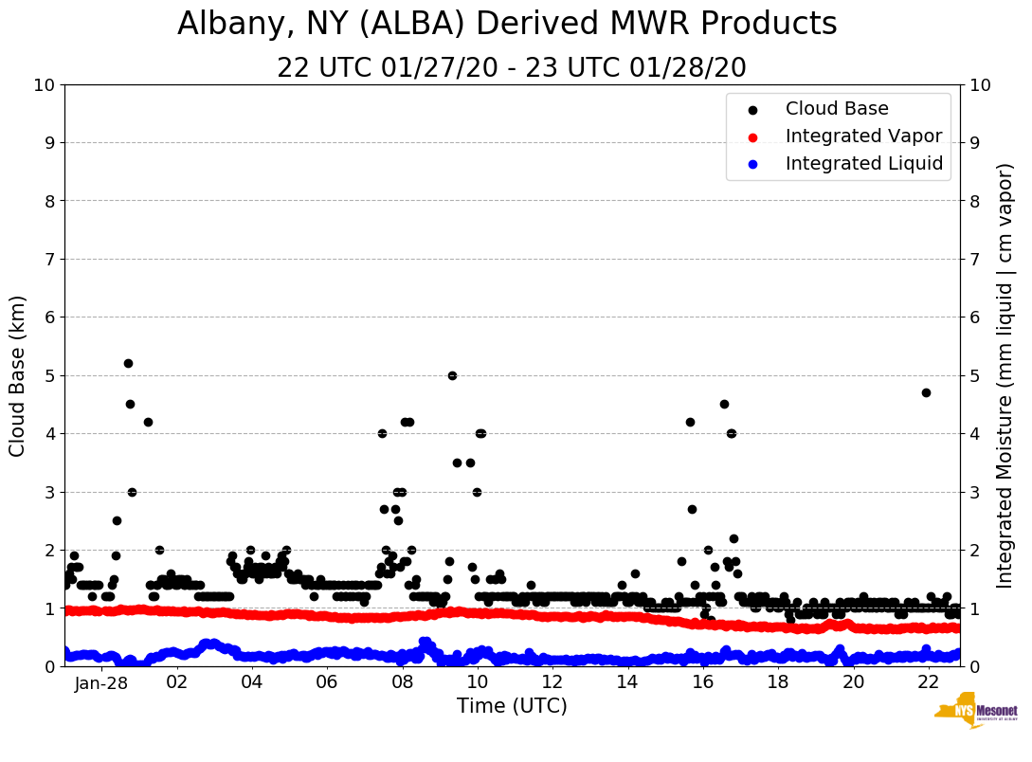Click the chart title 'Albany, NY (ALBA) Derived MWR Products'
click(507, 24)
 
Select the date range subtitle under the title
click(512, 68)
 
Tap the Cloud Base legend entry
click(837, 109)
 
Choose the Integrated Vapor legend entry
click(863, 136)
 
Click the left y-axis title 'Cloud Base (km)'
click(18, 375)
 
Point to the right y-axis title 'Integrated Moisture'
click(1005, 375)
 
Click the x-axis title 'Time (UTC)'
click(512, 706)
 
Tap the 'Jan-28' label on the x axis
click(101, 681)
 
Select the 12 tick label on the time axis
click(552, 681)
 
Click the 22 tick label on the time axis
click(928, 681)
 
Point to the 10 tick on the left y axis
click(44, 84)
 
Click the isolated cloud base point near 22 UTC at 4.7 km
click(926, 392)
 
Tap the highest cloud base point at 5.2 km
click(128, 363)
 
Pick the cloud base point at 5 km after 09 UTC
click(452, 375)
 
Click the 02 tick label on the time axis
click(176, 681)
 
